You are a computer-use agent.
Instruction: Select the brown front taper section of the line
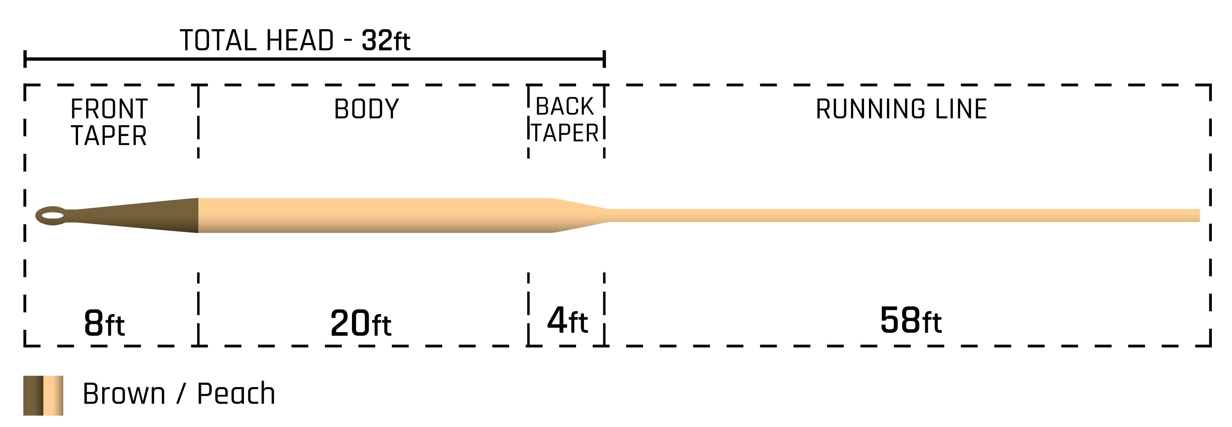pos(143,216)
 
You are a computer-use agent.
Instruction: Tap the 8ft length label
pos(104,323)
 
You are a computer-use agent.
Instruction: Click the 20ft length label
pos(361,323)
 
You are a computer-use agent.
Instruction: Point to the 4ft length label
pos(567,320)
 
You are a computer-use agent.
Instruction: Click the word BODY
pos(366,109)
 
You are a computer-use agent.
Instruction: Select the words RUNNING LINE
pos(901,109)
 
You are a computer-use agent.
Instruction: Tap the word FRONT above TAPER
pos(109,109)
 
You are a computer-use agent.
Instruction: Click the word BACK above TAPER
pos(565,106)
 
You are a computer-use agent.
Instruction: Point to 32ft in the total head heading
pos(386,41)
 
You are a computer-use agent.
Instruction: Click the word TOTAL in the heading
pos(218,41)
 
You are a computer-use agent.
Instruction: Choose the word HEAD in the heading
pos(300,41)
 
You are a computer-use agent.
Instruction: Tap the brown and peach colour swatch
pos(43,395)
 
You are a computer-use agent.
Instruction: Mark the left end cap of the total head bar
pos(25,59)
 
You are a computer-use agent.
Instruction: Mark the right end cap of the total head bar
pos(605,59)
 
